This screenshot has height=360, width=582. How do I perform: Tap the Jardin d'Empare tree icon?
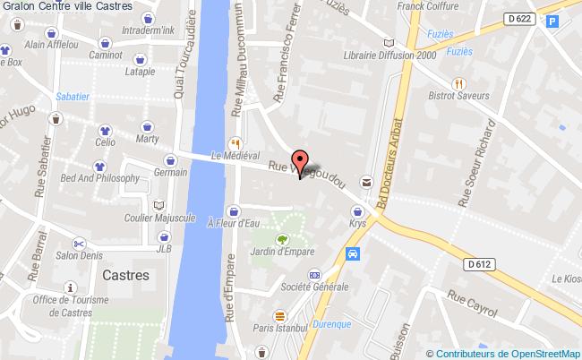283,239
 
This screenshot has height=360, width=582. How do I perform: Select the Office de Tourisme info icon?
70,287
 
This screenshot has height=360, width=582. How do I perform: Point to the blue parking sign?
552,21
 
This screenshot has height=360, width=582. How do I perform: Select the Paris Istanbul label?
280,328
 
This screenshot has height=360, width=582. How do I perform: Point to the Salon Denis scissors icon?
80,243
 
